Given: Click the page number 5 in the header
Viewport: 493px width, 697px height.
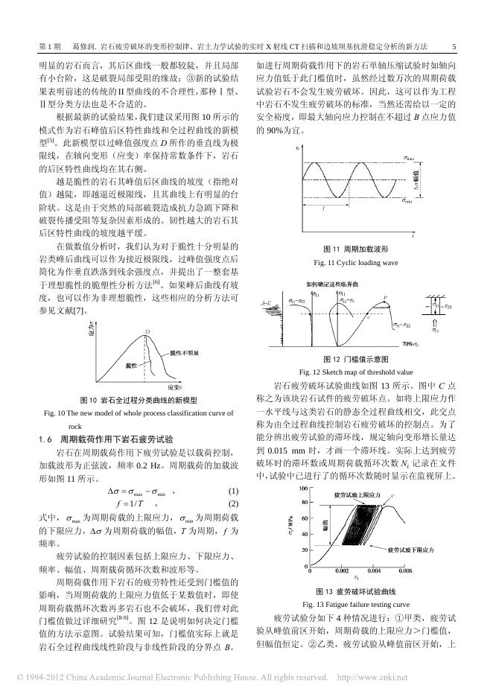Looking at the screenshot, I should point(454,47).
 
